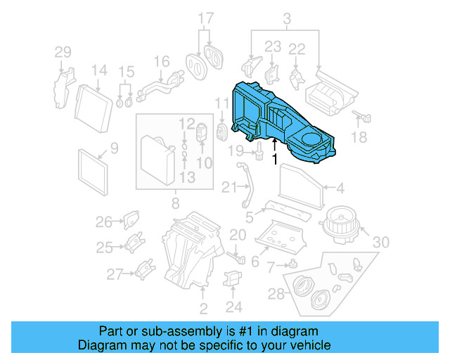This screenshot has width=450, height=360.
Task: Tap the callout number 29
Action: coord(63,52)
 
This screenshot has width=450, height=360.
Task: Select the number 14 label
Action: coord(99,70)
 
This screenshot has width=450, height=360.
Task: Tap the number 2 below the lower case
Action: coord(203,309)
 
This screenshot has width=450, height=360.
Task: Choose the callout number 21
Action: coord(227,188)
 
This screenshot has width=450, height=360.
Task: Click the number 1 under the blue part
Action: coord(275,160)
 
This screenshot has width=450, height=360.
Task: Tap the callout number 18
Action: coord(359,139)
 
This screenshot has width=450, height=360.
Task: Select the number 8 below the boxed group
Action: coord(174,205)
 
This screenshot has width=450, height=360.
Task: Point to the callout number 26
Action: coord(104,223)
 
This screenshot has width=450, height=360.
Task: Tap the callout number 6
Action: coord(255,262)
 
